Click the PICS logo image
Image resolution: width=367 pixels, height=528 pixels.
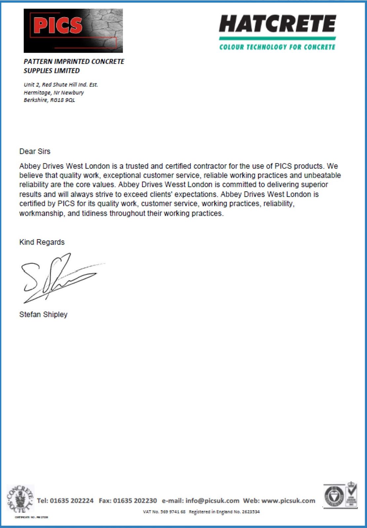point(73,31)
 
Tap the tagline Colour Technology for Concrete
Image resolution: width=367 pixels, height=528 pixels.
point(277,47)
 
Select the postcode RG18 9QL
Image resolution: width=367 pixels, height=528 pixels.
point(63,100)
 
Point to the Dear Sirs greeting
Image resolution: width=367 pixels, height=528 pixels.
point(35,151)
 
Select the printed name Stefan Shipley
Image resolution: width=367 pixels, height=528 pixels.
point(43,314)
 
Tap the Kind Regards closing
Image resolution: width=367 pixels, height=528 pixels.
point(42,242)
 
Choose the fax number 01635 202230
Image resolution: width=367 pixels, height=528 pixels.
point(135,501)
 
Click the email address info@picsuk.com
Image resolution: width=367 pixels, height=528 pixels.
point(212,501)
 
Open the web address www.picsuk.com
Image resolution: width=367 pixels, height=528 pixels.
point(288,501)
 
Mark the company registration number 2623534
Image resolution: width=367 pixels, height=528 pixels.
point(251,512)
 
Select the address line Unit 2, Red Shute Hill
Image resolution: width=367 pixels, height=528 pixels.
point(61,84)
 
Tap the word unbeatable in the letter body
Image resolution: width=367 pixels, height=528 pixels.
point(322,175)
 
